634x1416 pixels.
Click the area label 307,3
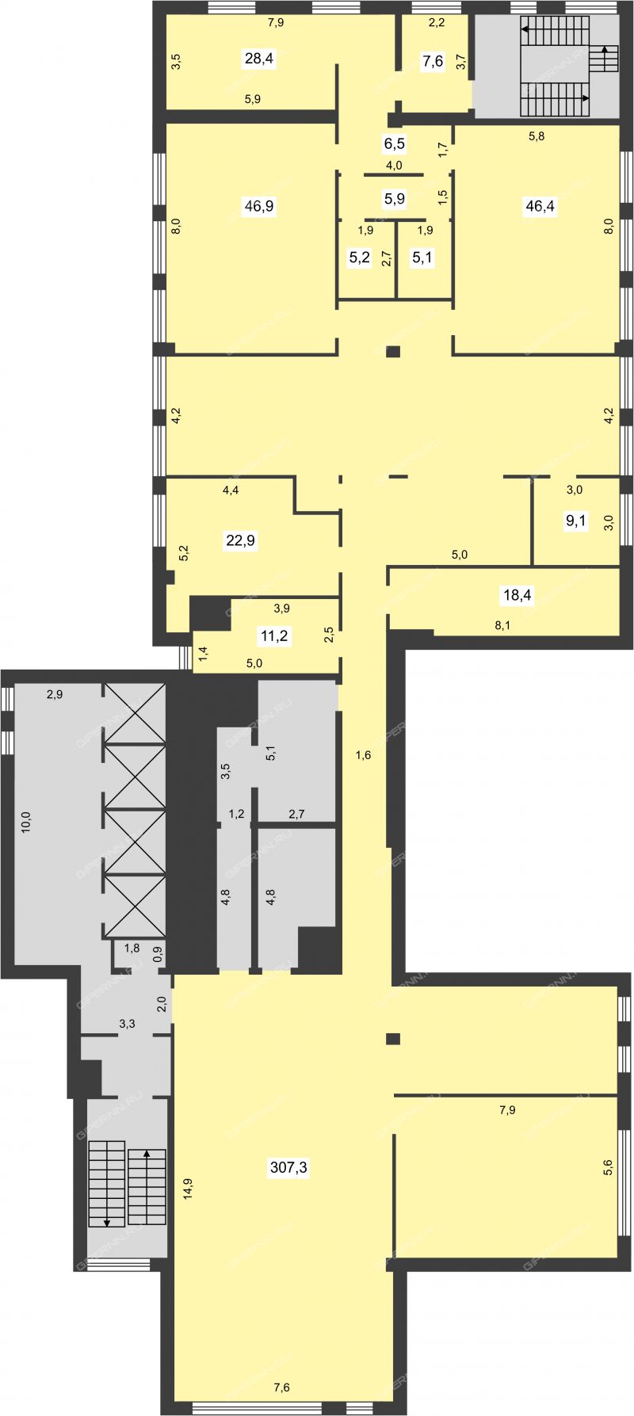[x=288, y=1167]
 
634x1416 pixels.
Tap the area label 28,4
[x=260, y=59]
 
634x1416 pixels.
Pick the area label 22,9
[x=240, y=541]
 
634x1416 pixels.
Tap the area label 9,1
[x=576, y=521]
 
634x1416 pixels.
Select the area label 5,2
[x=360, y=258]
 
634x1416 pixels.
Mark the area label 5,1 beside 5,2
[x=422, y=258]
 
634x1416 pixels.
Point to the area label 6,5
[x=395, y=144]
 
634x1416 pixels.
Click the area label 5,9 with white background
[x=395, y=199]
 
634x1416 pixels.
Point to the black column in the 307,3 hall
[x=392, y=1039]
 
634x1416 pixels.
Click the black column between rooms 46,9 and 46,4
[x=394, y=353]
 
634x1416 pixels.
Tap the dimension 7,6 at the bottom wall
[x=282, y=1387]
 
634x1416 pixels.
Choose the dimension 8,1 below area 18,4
[x=502, y=625]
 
